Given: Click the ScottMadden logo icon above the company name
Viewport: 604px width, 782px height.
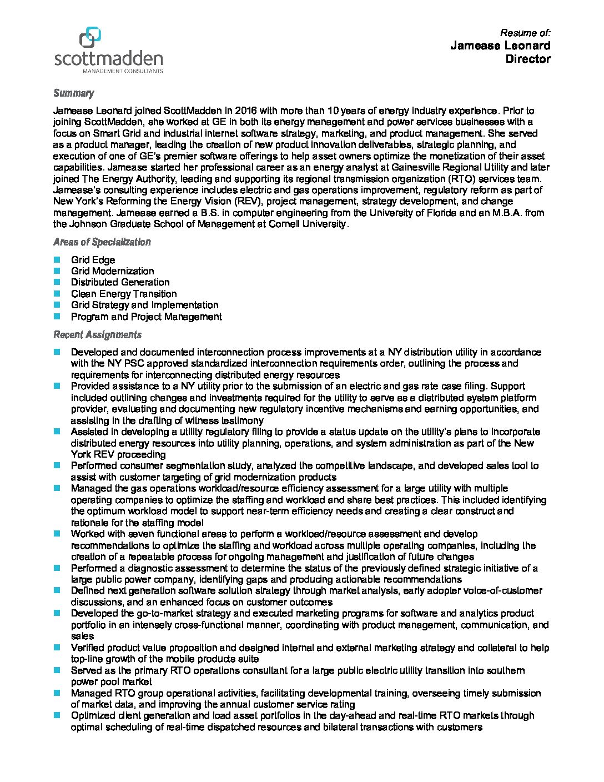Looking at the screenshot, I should coord(90,38).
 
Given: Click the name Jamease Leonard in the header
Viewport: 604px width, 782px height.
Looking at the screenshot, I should coord(500,46).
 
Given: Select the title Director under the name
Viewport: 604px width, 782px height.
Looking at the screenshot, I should coord(527,59).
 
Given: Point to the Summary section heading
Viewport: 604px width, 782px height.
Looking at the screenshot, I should coord(73,93).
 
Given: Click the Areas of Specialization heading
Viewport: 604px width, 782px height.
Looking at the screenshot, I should coord(102,242).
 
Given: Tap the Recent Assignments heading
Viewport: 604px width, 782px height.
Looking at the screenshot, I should coord(97,335).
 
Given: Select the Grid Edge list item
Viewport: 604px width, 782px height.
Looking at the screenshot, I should coord(93,260).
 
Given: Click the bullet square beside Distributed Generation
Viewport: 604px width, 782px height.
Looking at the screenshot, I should coord(57,282).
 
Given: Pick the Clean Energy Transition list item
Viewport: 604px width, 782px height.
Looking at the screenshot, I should coord(124,294).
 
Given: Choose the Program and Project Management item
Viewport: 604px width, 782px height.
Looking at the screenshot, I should coord(146,317).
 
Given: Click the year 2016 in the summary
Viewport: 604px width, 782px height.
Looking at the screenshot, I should coord(246,111).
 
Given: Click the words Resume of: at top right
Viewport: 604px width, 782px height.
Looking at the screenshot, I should coord(525,33).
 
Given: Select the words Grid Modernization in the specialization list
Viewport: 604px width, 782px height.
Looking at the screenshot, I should coord(112,271).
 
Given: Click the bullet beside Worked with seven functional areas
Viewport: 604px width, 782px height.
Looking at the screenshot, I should coord(57,534).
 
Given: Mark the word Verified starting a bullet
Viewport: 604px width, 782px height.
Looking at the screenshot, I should coord(87,648).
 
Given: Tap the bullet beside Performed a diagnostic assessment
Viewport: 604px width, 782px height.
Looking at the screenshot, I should coord(57,568).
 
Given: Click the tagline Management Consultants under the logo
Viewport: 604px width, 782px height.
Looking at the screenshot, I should coord(122,71).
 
